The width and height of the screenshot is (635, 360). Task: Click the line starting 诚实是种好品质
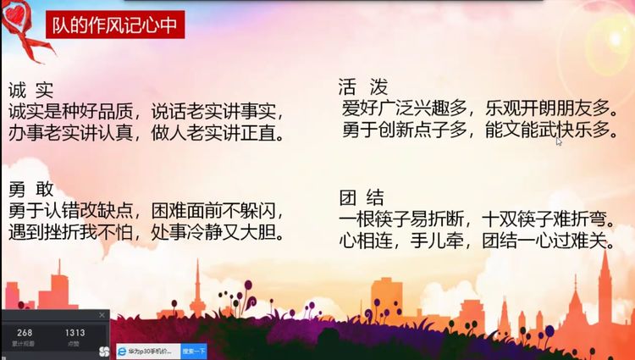point(145,111)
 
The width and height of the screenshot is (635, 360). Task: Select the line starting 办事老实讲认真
point(145,133)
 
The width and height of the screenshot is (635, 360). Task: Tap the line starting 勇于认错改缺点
point(145,208)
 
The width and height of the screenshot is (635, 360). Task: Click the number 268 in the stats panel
point(25,333)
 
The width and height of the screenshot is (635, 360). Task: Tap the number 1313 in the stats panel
point(75,333)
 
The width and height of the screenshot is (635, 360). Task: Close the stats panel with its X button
point(102,315)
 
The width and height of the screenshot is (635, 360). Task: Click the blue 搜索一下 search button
point(194,351)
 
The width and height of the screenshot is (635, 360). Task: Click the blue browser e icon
point(123,351)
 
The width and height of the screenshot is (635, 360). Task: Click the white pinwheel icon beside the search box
point(103,351)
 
